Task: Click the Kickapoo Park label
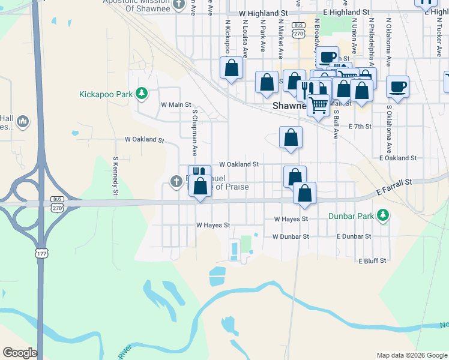(x=106, y=94)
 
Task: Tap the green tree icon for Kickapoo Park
(x=142, y=94)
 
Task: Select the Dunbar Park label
(x=350, y=215)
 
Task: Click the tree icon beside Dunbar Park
(x=382, y=215)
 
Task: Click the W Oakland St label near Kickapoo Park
(x=144, y=139)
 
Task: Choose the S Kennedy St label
(x=115, y=176)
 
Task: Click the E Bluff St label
(x=372, y=261)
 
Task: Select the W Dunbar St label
(x=290, y=236)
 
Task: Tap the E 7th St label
(x=360, y=127)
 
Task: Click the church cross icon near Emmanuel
(x=176, y=181)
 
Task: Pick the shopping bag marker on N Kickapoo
(x=231, y=68)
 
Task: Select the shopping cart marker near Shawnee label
(x=318, y=105)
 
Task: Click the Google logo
(x=20, y=352)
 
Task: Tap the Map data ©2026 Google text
(x=411, y=355)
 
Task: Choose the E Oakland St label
(x=398, y=158)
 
